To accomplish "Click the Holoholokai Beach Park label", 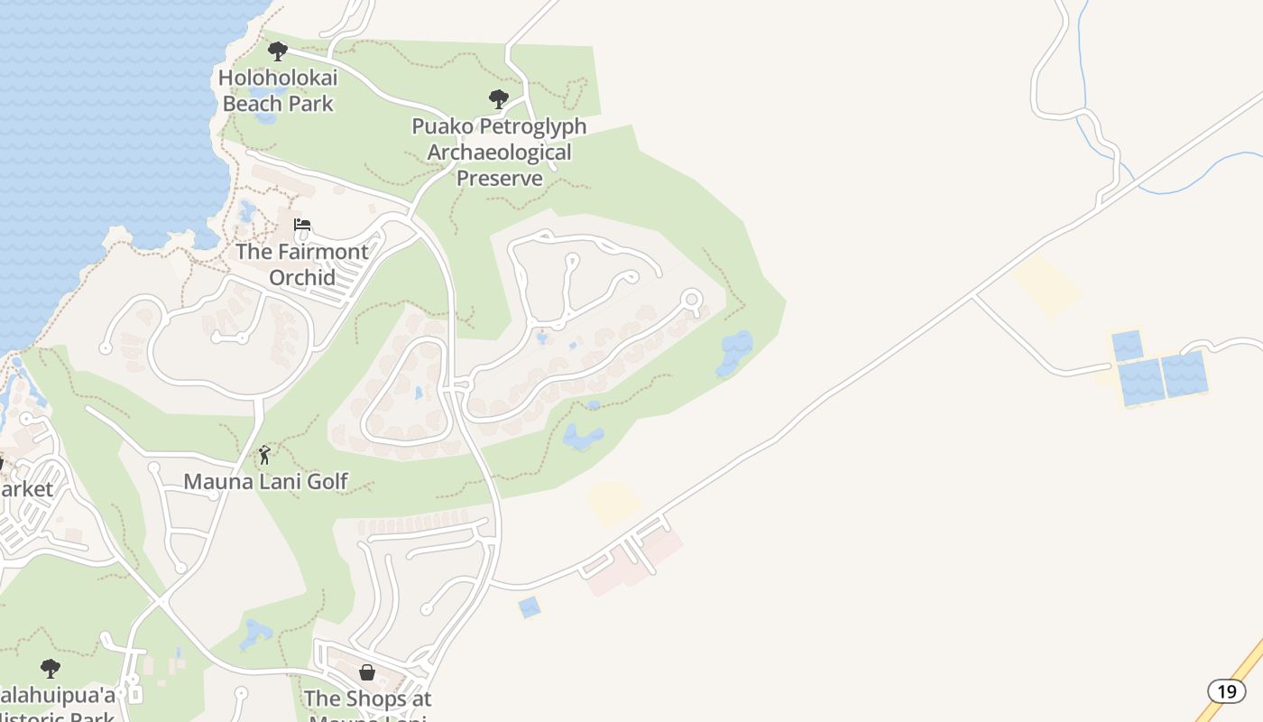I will tap(278, 90).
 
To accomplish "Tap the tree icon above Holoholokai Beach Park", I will tap(278, 51).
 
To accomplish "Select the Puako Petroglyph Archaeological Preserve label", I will tap(499, 152).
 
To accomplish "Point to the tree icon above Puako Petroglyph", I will tap(498, 98).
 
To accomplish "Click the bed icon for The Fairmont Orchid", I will tap(302, 225).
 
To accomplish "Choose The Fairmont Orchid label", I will tap(302, 264).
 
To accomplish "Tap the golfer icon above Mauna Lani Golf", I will tap(264, 455).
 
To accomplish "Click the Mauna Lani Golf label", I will tap(265, 481).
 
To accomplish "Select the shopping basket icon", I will tap(367, 672).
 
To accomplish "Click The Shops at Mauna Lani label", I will tap(367, 699).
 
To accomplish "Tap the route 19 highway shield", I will tap(1226, 691).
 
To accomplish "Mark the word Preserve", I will tap(499, 178).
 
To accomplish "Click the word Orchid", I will tap(302, 277).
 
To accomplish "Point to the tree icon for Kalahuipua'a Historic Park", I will tap(51, 669).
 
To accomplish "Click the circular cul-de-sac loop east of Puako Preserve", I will tap(692, 299).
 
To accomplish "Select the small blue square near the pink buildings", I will tap(530, 607).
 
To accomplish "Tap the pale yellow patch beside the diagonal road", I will tap(1047, 285).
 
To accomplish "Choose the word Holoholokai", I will tap(278, 78).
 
